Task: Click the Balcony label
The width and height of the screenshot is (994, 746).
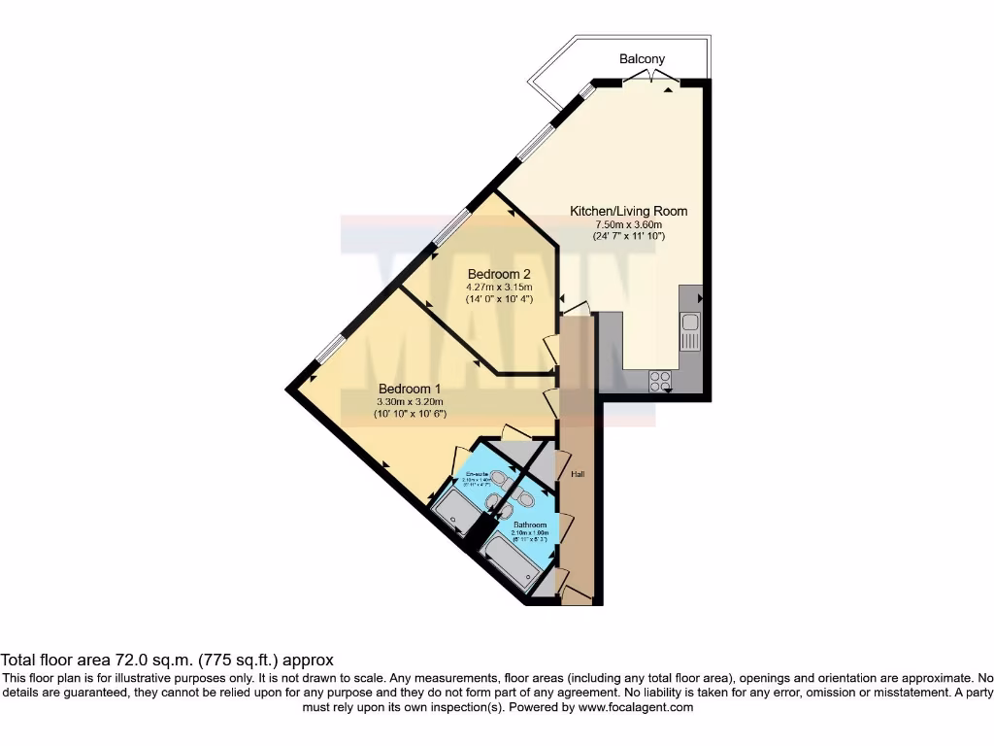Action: pos(643,59)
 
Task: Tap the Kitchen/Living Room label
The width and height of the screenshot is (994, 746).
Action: pos(628,211)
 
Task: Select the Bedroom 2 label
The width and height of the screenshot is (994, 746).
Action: pos(500,273)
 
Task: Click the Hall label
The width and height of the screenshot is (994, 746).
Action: pos(578,474)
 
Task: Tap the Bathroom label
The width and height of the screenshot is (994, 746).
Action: pos(530,525)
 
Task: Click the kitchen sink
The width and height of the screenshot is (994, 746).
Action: pos(689,331)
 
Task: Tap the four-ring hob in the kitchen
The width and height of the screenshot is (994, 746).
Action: pos(660,382)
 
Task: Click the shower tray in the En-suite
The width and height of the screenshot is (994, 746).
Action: pos(453,510)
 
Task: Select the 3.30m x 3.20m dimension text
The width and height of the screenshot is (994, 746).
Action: pos(409,401)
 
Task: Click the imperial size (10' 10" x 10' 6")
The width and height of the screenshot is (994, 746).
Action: pos(409,414)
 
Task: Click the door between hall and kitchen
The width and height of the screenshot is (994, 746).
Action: pos(576,309)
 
